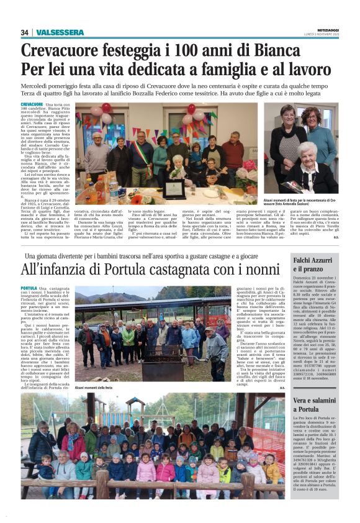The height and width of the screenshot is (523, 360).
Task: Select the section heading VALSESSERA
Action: coord(60,32)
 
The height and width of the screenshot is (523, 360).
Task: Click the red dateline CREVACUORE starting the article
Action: coord(32,104)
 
